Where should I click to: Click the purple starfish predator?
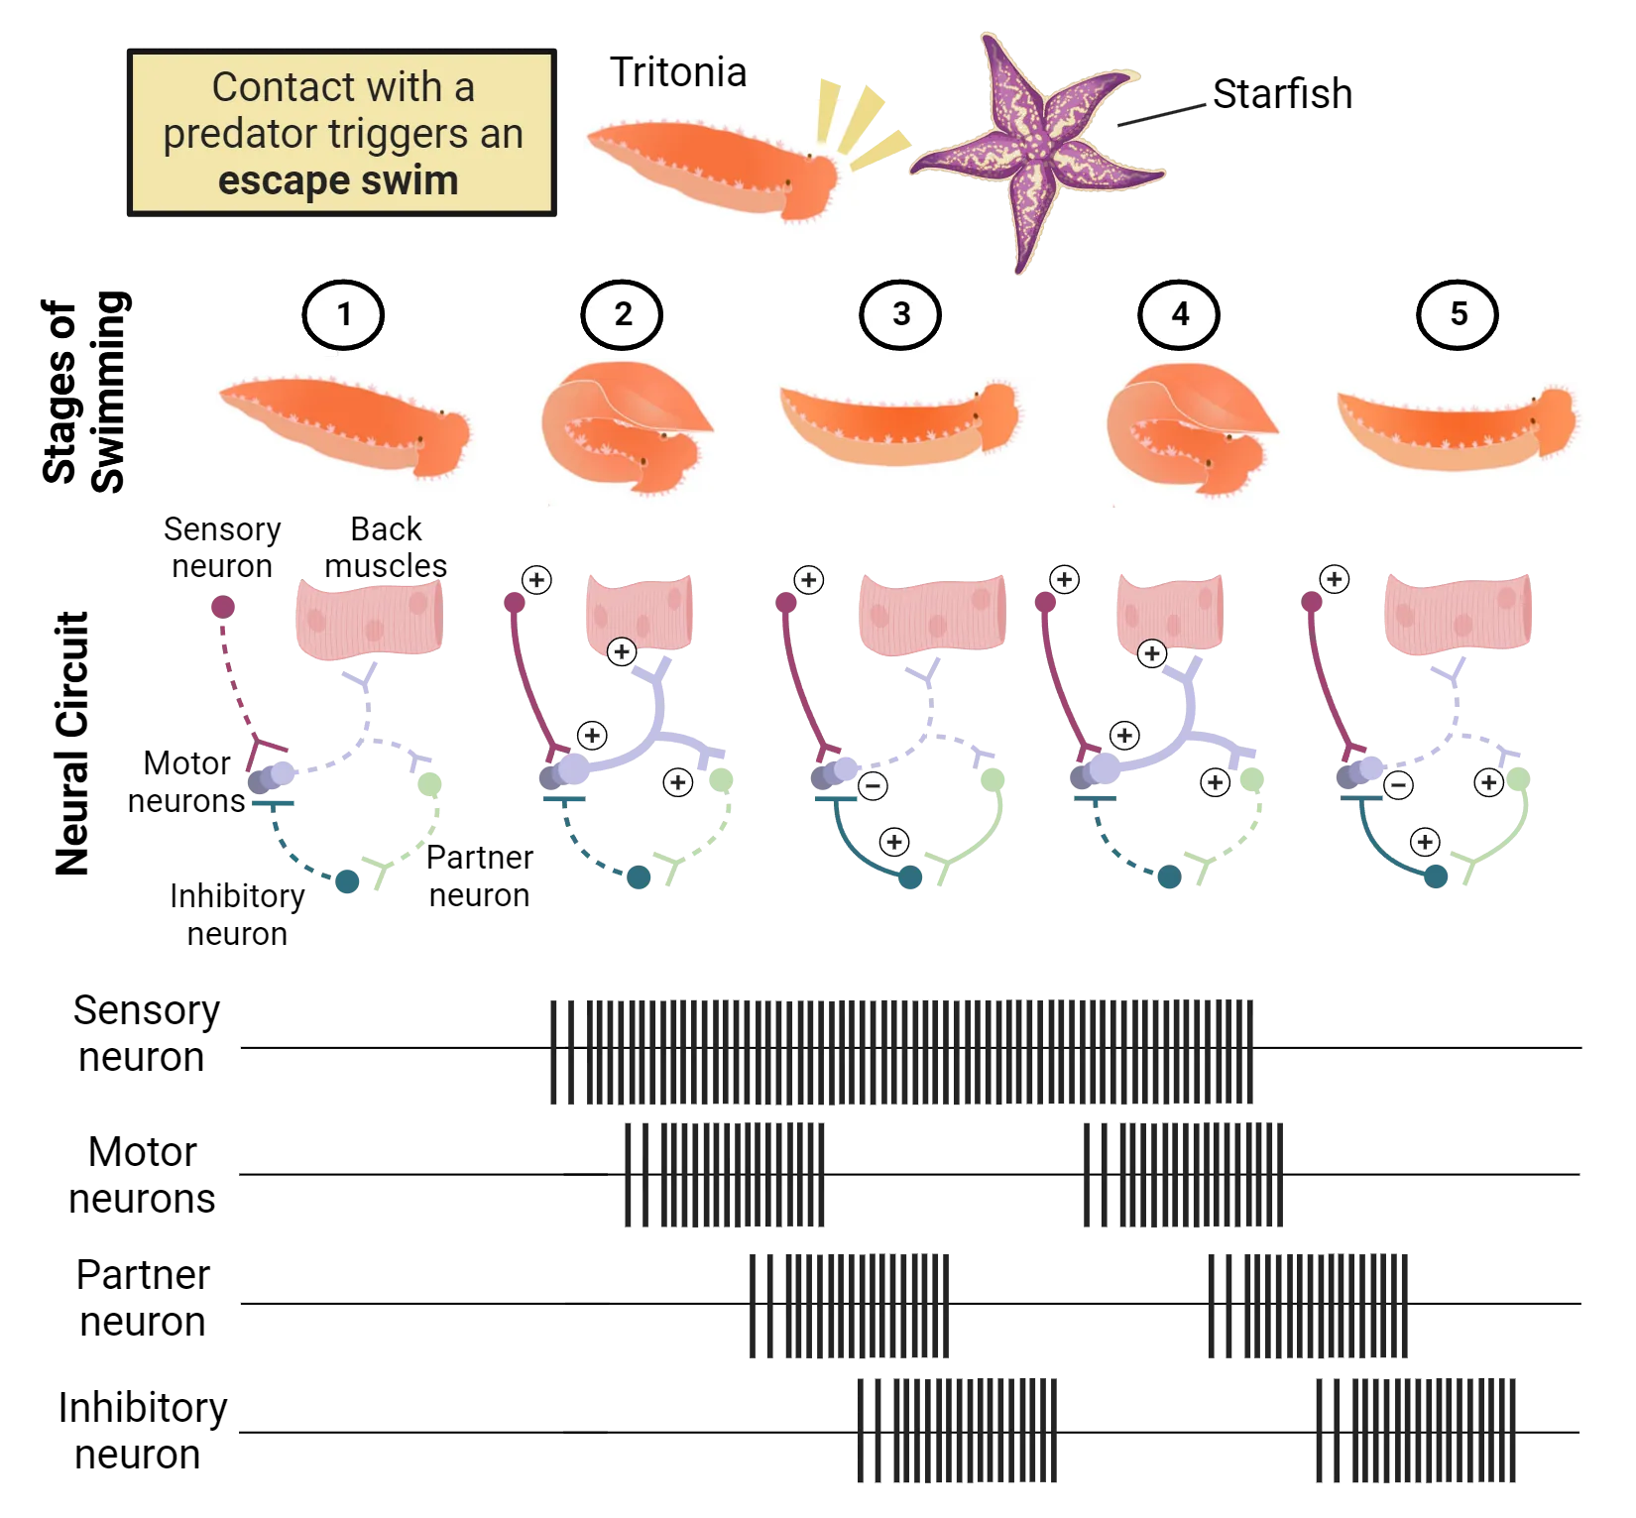click(x=1036, y=154)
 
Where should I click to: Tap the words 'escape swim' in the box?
click(x=338, y=181)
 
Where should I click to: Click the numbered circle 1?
click(x=343, y=314)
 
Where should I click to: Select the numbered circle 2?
click(x=623, y=314)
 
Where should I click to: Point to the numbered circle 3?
click(x=900, y=314)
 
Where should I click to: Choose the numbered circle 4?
click(x=1179, y=314)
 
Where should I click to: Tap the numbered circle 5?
click(x=1459, y=314)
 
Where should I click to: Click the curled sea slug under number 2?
click(x=625, y=428)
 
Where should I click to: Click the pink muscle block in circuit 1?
click(x=369, y=617)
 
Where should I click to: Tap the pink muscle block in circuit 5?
click(x=1458, y=613)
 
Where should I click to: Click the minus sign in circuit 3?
click(x=873, y=786)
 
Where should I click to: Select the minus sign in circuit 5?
click(x=1398, y=786)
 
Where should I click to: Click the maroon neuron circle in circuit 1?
click(x=222, y=606)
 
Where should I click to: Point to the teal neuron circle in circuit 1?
click(x=345, y=881)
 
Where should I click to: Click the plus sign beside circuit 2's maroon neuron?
click(x=536, y=580)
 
